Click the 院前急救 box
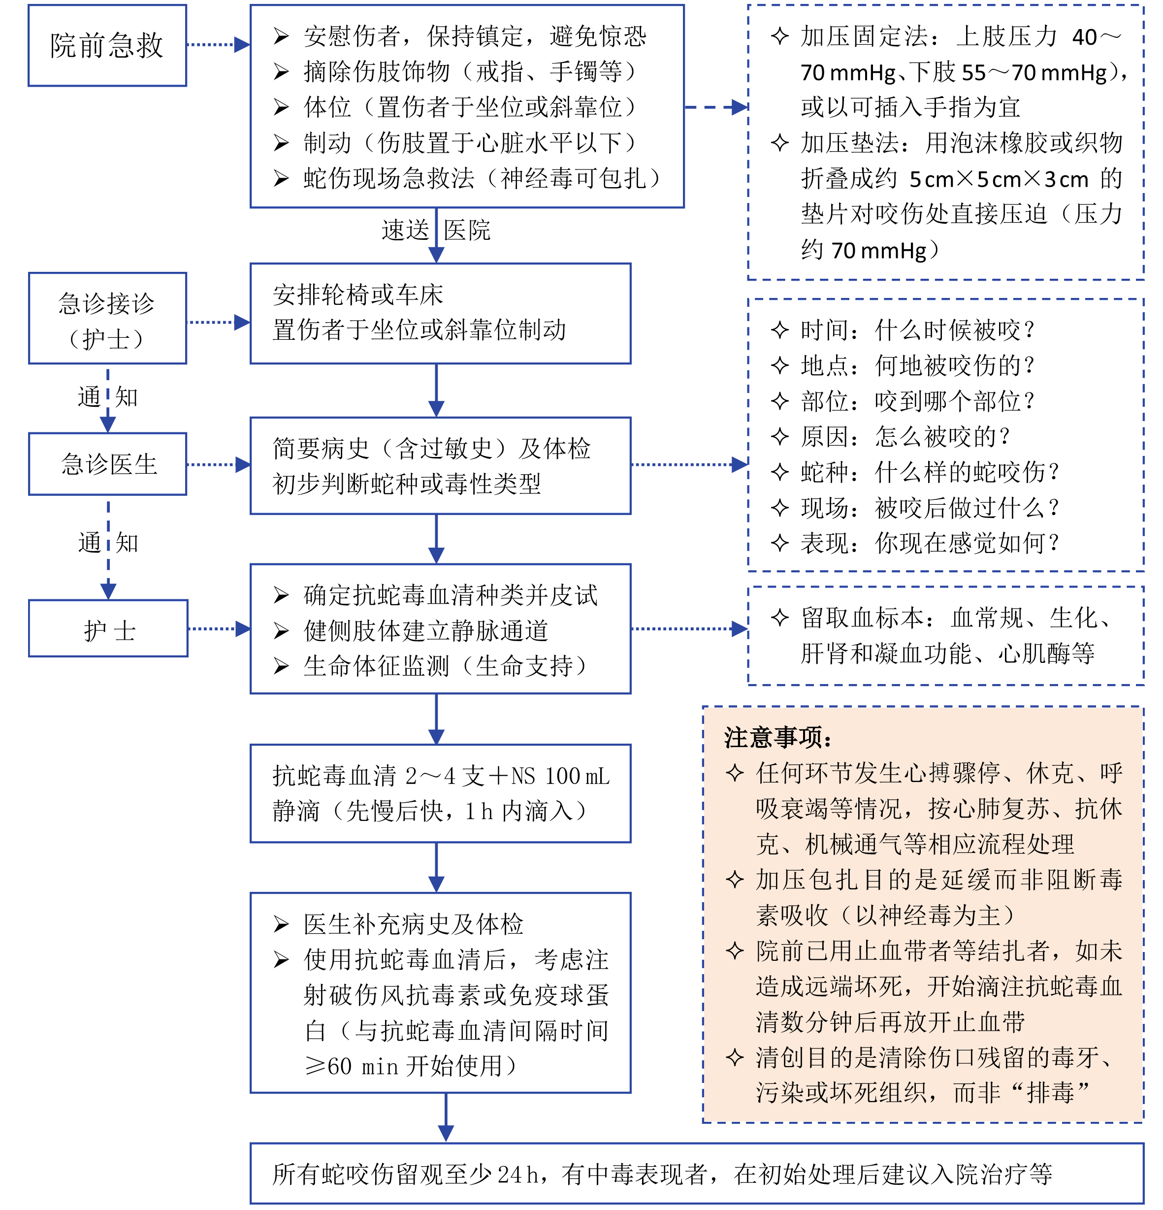(107, 45)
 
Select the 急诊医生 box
(108, 463)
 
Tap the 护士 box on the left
(108, 629)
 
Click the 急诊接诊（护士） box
(107, 319)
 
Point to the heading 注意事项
(778, 737)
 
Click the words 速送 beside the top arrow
(405, 230)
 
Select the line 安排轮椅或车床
(358, 294)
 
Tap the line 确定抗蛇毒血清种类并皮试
(450, 595)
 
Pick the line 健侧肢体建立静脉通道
(425, 630)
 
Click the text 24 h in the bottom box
(518, 1174)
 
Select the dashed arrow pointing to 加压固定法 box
(716, 107)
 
